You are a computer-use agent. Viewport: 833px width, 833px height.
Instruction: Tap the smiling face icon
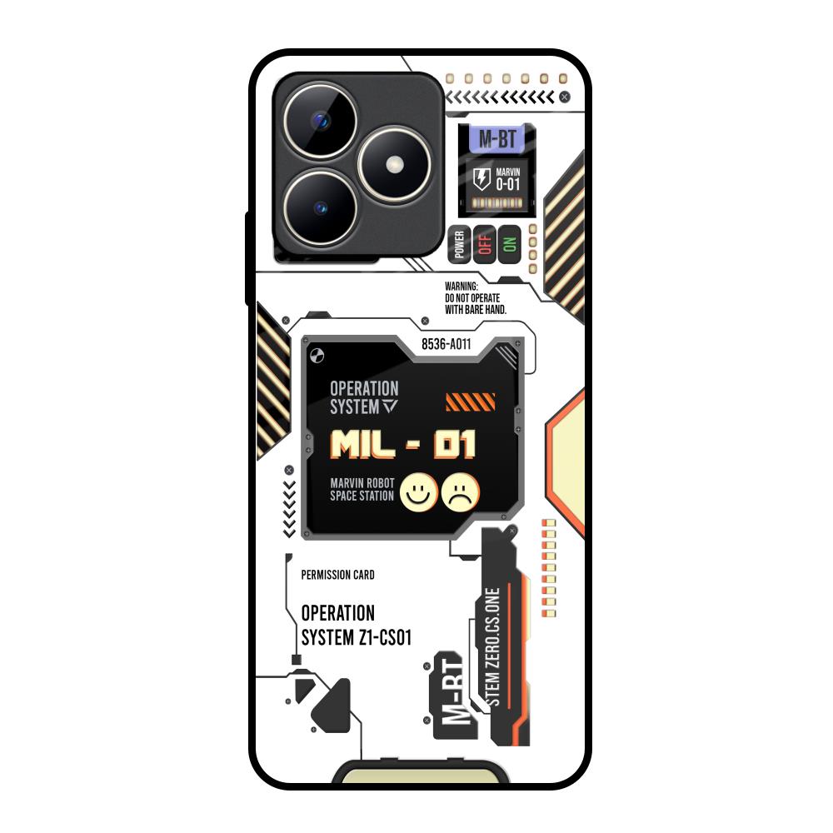[x=419, y=493]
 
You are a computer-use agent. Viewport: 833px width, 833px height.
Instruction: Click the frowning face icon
[x=461, y=493]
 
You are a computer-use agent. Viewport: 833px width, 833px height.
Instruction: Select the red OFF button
[x=485, y=244]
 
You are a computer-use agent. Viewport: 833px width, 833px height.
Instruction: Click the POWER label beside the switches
[x=460, y=244]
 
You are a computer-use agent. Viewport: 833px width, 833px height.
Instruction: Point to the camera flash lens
[x=394, y=163]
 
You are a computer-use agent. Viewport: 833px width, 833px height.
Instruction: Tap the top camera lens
[x=321, y=121]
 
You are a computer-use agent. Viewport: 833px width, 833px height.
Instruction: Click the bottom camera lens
[x=321, y=207]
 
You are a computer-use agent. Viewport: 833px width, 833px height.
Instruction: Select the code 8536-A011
[x=446, y=344]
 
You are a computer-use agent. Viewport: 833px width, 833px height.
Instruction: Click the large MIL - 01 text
[x=402, y=444]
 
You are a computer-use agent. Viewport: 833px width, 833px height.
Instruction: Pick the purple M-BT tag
[x=497, y=139]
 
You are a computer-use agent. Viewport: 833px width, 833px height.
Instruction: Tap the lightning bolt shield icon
[x=481, y=179]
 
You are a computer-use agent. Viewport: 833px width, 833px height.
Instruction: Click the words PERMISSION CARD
[x=338, y=575]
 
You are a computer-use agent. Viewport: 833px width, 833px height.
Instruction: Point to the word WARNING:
[x=461, y=287]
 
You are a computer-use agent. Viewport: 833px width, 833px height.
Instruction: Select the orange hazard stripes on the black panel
[x=470, y=402]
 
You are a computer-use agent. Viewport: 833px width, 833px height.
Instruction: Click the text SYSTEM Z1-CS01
[x=357, y=637]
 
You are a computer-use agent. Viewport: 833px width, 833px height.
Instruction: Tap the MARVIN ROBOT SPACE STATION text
[x=362, y=489]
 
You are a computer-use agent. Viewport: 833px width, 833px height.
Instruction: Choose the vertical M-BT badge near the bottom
[x=454, y=695]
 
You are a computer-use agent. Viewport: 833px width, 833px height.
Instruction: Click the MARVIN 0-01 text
[x=508, y=180]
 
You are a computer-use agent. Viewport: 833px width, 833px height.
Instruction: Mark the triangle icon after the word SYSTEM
[x=390, y=407]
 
